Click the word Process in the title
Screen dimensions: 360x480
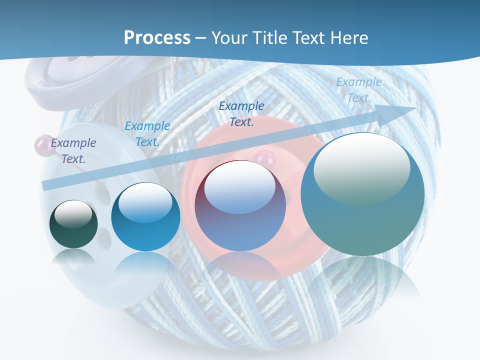[157, 38]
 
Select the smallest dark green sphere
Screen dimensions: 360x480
[73, 224]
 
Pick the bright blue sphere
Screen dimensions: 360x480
[145, 217]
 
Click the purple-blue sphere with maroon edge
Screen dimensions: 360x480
[240, 205]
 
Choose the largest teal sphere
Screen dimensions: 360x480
[362, 194]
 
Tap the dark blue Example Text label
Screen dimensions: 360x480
[241, 114]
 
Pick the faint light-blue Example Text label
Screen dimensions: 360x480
[358, 90]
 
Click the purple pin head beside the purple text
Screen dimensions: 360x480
[40, 145]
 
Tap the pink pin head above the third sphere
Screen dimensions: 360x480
[263, 160]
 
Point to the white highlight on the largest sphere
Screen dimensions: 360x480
[361, 167]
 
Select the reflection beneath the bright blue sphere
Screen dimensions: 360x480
[145, 265]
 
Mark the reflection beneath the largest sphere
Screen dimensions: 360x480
[362, 277]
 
